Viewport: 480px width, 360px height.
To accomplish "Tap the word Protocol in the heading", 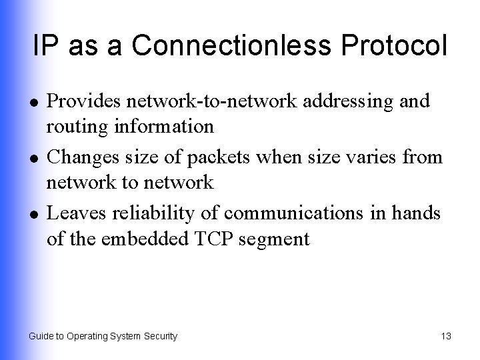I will click(391, 45).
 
